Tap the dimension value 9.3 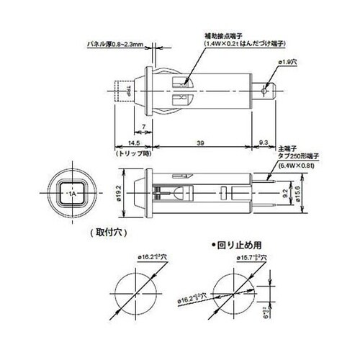264,143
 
